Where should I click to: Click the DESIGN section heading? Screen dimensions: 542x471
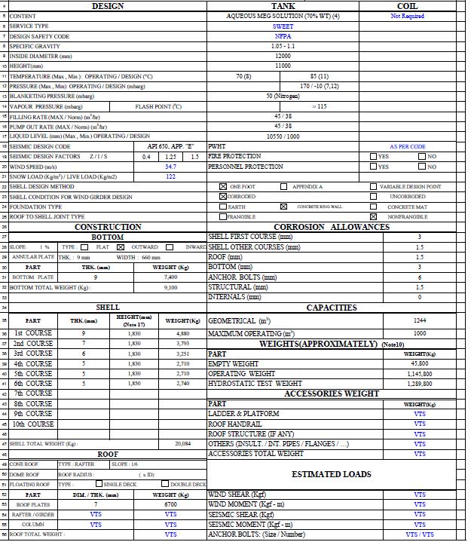click(108, 6)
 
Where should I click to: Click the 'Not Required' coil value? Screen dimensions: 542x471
click(407, 16)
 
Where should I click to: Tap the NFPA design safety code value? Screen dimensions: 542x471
click(283, 36)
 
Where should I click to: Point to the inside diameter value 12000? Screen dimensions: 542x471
click(283, 56)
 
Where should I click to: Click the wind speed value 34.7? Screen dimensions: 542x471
click(171, 167)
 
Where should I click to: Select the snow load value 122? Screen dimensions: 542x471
click(171, 176)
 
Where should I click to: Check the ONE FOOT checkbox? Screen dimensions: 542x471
click(222, 186)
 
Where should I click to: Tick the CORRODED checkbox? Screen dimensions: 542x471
click(222, 196)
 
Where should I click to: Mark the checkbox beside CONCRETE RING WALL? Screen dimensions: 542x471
click(283, 206)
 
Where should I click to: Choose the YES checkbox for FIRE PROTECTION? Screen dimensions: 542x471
click(374, 156)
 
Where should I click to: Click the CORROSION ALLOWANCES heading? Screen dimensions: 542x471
click(332, 227)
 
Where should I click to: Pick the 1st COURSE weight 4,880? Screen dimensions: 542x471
click(182, 333)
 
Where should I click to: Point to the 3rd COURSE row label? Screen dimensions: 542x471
click(34, 353)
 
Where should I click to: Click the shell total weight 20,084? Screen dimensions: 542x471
click(182, 444)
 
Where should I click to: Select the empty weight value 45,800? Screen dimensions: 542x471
click(419, 363)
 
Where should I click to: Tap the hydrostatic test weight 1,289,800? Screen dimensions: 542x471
click(419, 384)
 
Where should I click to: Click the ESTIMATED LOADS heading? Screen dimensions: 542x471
click(332, 474)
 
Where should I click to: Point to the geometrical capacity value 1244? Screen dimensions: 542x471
click(419, 320)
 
